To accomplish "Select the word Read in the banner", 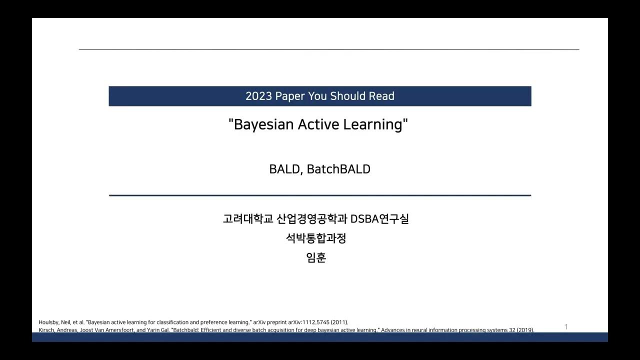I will coord(381,96).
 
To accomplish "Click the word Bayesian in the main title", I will coord(263,124).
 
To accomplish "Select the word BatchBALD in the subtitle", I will coord(338,169).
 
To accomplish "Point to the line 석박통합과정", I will coord(316,238).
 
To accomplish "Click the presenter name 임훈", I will coord(316,258).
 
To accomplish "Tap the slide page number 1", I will coord(566,327).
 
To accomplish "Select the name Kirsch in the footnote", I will coord(46,330).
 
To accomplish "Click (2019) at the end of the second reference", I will coord(525,330).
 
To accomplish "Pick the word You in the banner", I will coord(317,96).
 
